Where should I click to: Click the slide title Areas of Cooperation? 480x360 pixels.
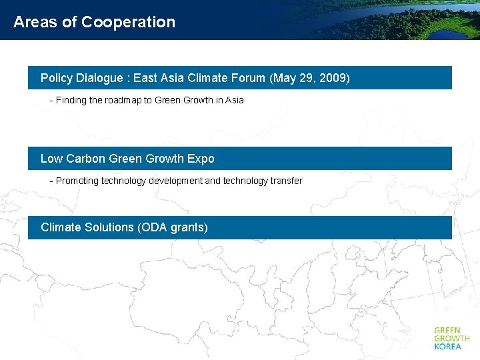94,22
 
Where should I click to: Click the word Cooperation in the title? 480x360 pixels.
128,22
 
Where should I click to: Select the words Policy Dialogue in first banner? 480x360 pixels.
81,78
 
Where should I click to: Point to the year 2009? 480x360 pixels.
332,78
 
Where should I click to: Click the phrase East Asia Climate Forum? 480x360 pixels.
199,78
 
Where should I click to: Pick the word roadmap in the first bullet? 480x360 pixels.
123,100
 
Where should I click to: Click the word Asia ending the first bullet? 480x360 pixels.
235,100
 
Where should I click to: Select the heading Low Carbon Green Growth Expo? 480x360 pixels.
127,159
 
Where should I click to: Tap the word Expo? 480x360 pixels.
201,159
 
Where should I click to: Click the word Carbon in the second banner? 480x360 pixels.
85,159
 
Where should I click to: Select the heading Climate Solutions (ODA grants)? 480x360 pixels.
124,227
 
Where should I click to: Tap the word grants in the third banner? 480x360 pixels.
188,227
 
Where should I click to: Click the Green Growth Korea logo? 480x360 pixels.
451,338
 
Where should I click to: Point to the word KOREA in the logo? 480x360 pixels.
447,347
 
